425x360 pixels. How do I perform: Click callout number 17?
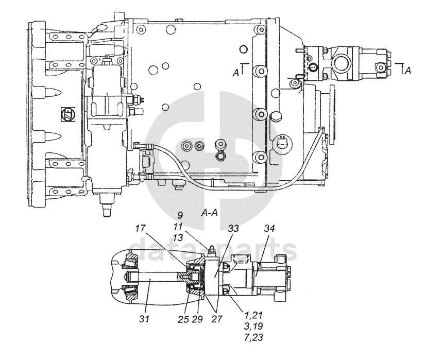point(141,229)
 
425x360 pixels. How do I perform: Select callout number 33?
point(233,228)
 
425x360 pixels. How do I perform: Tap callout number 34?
point(269,228)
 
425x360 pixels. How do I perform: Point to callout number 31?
point(144,319)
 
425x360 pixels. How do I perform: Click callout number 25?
point(183,319)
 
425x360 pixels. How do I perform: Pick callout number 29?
point(197,319)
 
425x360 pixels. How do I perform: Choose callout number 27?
point(216,319)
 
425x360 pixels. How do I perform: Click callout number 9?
point(180,215)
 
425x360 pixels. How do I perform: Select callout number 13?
point(178,238)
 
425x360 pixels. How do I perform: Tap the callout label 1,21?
point(253,315)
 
